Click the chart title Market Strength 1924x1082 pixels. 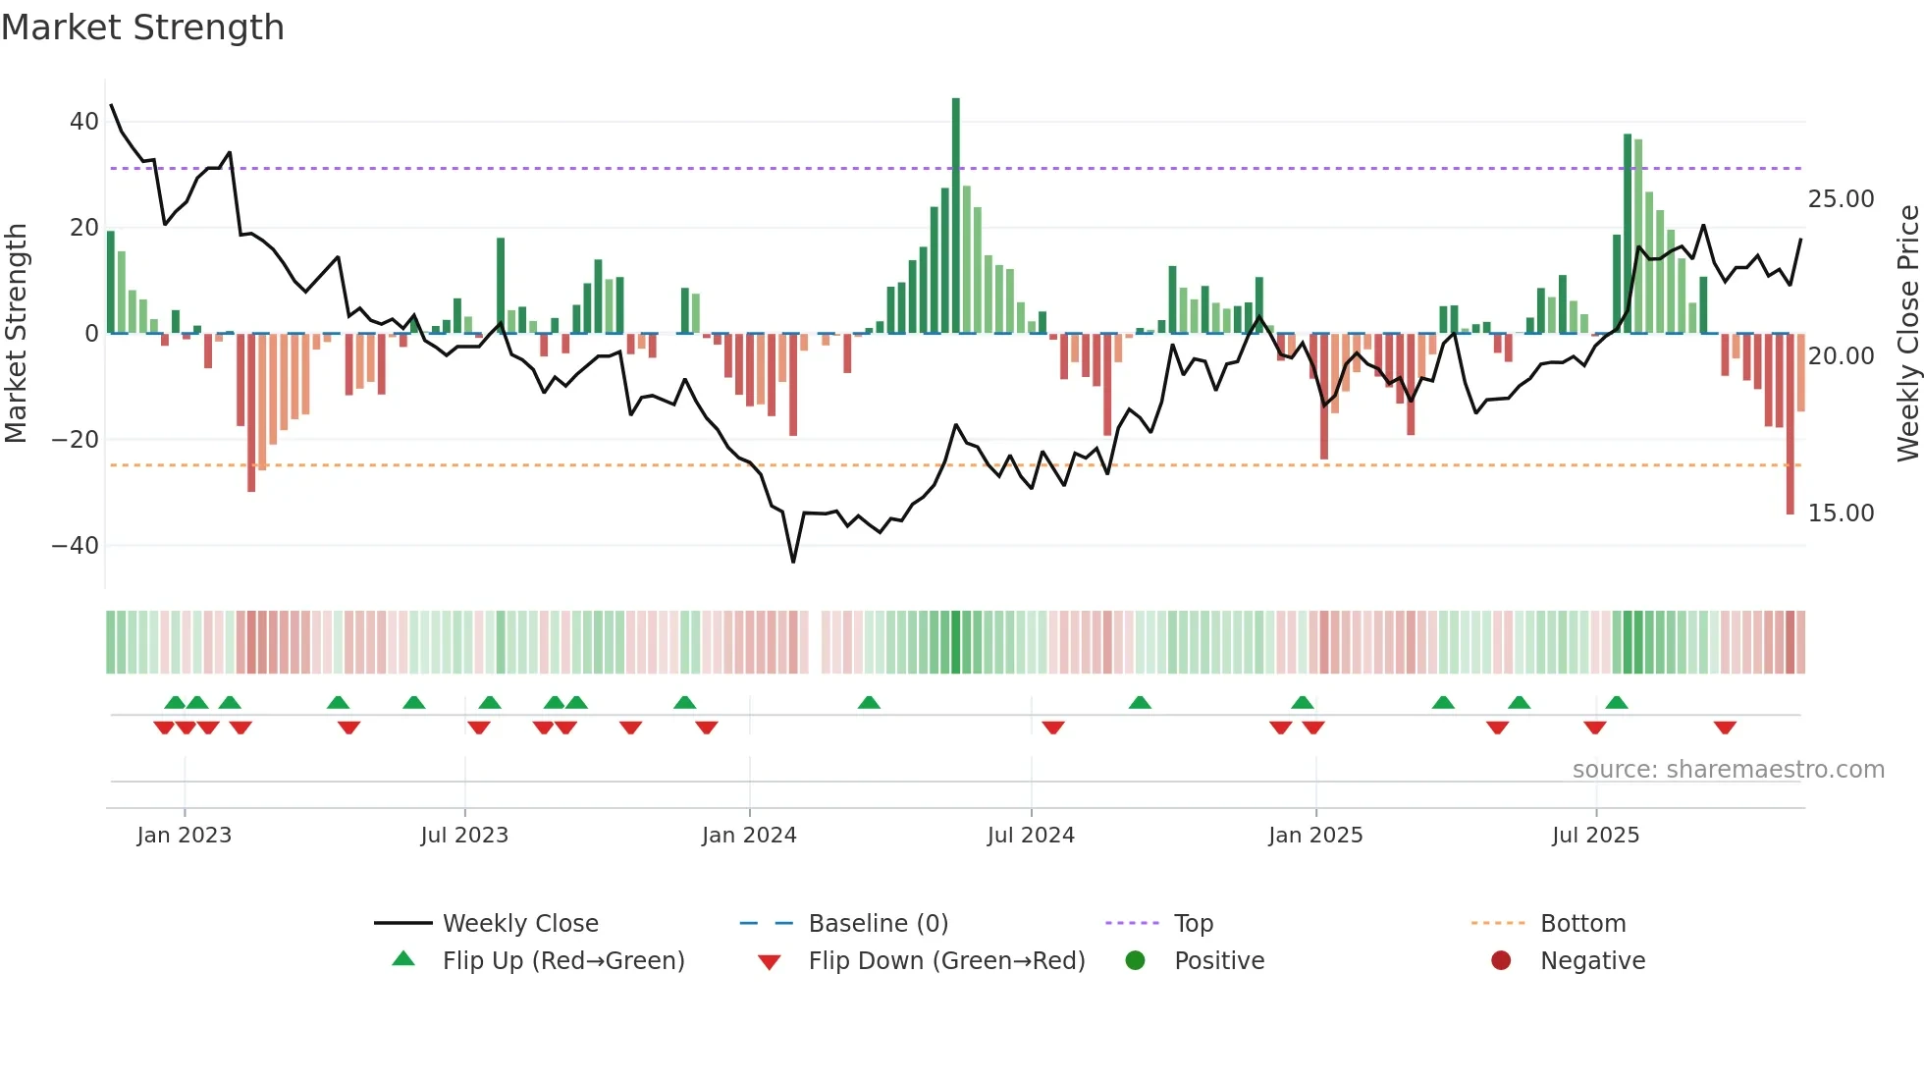[142, 27]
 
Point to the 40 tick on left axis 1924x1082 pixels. [84, 122]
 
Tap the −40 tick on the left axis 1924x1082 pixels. [77, 545]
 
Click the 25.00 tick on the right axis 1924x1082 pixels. [1841, 199]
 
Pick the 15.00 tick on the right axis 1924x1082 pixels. [1841, 514]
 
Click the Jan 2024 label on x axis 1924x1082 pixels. [749, 836]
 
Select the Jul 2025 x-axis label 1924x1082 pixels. [1595, 836]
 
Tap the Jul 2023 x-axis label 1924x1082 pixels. [464, 836]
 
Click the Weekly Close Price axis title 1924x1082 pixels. [1907, 334]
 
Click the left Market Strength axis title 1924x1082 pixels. [16, 334]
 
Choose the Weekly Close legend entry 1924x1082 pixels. [519, 924]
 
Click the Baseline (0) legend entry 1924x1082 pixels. [878, 924]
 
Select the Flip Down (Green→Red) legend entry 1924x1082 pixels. [945, 961]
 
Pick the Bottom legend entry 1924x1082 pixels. [1582, 924]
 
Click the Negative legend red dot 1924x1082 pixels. [1501, 960]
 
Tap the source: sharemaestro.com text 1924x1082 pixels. [1728, 770]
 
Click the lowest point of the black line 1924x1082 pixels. [793, 562]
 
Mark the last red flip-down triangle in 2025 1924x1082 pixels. [1725, 728]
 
